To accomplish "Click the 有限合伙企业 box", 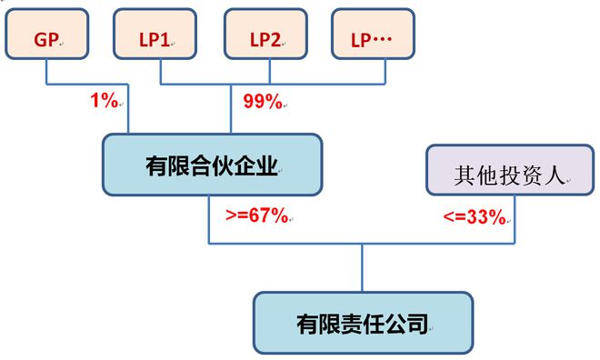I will coord(212,165).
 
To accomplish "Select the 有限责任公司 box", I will coord(362,322).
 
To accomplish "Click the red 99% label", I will coord(263,101).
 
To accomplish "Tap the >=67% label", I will coord(256,216).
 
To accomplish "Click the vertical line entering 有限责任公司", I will coord(362,267).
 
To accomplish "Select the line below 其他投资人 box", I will coord(515,218).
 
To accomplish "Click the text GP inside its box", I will coord(45,40).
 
